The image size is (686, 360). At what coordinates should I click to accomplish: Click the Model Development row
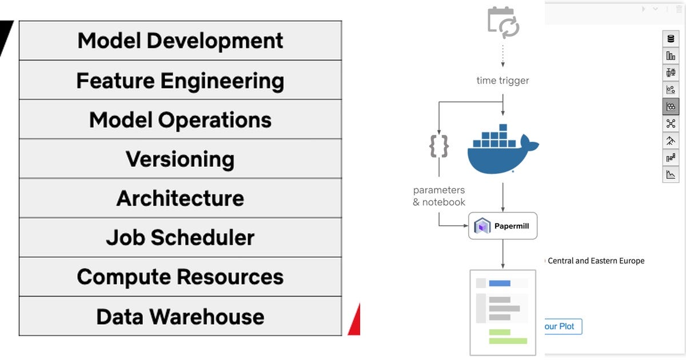click(180, 41)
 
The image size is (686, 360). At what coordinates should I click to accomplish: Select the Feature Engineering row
click(180, 81)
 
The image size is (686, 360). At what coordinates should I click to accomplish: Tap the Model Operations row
click(180, 120)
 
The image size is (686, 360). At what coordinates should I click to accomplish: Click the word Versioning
click(180, 159)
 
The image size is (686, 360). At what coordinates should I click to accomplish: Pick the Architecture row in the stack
click(180, 198)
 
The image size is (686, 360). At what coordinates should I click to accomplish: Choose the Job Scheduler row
click(180, 238)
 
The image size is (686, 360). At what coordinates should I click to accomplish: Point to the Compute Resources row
click(180, 277)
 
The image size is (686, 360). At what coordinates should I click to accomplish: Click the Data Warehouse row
click(180, 317)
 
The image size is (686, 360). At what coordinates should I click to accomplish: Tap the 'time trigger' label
click(502, 81)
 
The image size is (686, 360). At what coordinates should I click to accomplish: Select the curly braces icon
click(439, 146)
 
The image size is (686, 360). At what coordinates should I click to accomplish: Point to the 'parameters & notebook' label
click(439, 196)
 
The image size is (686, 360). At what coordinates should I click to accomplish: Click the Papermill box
click(503, 226)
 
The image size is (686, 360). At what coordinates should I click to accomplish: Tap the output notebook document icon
click(502, 312)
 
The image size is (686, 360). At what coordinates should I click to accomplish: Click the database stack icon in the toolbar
click(671, 39)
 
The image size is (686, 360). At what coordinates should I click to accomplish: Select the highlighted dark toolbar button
click(671, 106)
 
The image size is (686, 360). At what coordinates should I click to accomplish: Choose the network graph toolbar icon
click(671, 123)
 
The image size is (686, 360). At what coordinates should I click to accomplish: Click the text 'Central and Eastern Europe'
click(596, 261)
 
